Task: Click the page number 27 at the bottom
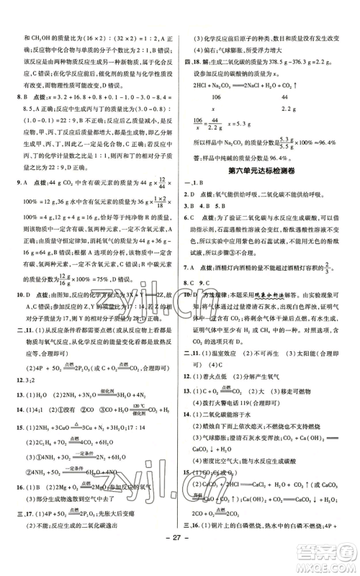pos(179,557)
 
